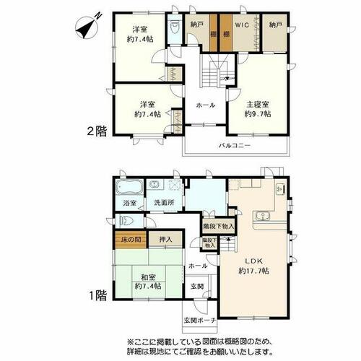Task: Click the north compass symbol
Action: pyautogui.click(x=88, y=27)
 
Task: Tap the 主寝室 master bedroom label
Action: pyautogui.click(x=258, y=105)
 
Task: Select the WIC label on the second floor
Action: pyautogui.click(x=242, y=25)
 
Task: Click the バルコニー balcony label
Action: pyautogui.click(x=235, y=146)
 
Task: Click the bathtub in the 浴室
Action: pyautogui.click(x=129, y=188)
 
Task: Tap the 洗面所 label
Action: pyautogui.click(x=164, y=203)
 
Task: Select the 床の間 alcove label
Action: pyautogui.click(x=131, y=240)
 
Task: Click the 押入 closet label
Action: pyautogui.click(x=165, y=240)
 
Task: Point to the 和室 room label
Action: pyautogui.click(x=148, y=277)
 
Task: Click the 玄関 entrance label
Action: pyautogui.click(x=197, y=287)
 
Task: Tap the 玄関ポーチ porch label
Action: pyautogui.click(x=200, y=321)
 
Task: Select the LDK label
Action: pyautogui.click(x=253, y=261)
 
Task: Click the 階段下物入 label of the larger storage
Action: pyautogui.click(x=219, y=226)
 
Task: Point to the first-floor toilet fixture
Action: pyautogui.click(x=126, y=221)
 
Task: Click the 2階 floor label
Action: pyautogui.click(x=97, y=131)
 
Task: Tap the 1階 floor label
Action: pyautogui.click(x=97, y=295)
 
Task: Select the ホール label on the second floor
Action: pyautogui.click(x=206, y=105)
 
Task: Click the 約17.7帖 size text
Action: pyautogui.click(x=253, y=271)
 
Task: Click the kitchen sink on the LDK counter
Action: pyautogui.click(x=262, y=215)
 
